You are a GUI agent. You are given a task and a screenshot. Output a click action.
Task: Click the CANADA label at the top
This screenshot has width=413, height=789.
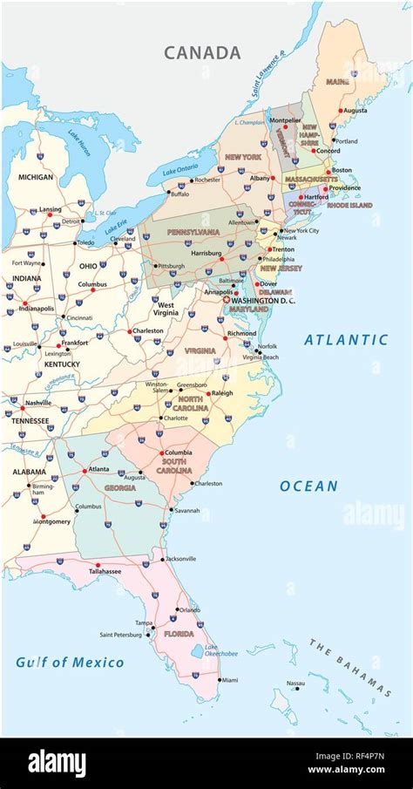pyautogui.click(x=202, y=53)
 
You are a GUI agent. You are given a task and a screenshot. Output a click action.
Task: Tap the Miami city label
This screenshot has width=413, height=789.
pyautogui.click(x=228, y=680)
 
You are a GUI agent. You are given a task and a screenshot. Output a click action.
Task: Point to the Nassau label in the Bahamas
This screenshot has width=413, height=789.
pyautogui.click(x=296, y=684)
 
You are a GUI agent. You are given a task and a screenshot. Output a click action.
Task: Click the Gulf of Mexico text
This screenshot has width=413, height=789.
pyautogui.click(x=70, y=663)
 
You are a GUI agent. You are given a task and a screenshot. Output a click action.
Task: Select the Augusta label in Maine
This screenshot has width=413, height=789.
pyautogui.click(x=355, y=111)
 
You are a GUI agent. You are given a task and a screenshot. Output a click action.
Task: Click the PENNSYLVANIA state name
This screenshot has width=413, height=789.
pyautogui.click(x=194, y=233)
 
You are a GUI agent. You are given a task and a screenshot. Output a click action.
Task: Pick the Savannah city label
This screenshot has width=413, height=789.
pyautogui.click(x=186, y=510)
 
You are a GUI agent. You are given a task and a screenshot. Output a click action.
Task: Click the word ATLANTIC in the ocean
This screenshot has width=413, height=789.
pyautogui.click(x=346, y=340)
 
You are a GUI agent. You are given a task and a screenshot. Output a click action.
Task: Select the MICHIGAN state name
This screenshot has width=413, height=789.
pyautogui.click(x=36, y=177)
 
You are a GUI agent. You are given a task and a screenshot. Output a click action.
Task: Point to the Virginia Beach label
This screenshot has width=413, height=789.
pyautogui.click(x=261, y=357)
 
